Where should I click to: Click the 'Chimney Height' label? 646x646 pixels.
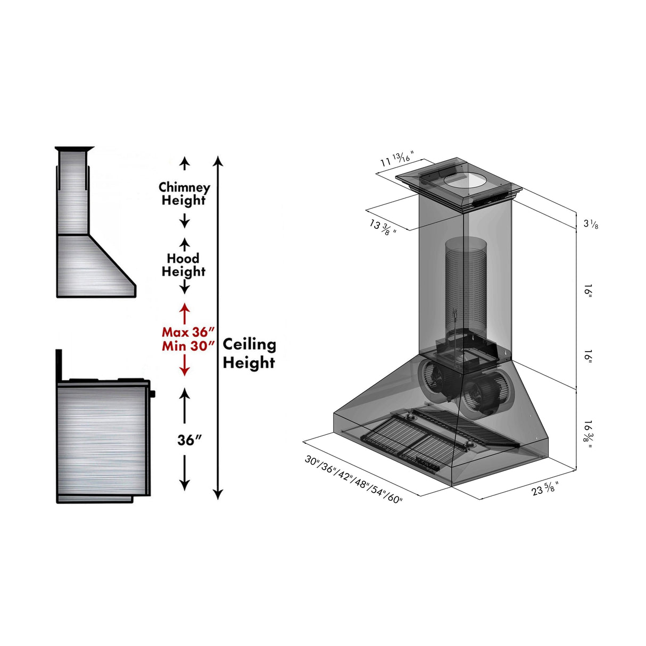184,194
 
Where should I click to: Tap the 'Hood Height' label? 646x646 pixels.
184,265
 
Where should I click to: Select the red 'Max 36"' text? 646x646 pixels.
188,332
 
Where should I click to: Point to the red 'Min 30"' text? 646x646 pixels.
188,346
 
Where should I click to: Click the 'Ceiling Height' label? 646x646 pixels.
249,353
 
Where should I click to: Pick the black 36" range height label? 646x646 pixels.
189,440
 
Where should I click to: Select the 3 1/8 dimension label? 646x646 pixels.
591,223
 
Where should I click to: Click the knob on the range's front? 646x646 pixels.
153,394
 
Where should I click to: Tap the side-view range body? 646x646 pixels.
101,439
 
